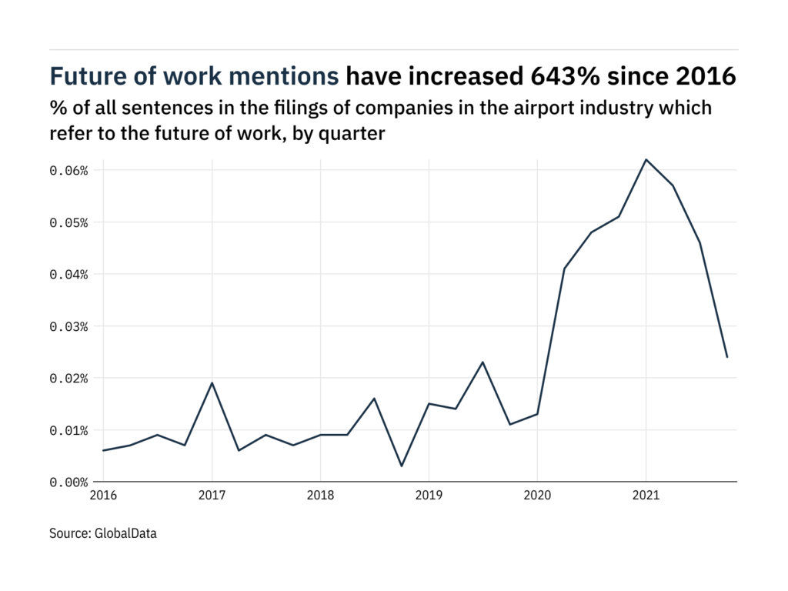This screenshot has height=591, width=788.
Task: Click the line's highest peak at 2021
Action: tap(646, 159)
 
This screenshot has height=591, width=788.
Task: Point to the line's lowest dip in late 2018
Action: tap(402, 466)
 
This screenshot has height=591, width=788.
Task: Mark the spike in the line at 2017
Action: tap(212, 382)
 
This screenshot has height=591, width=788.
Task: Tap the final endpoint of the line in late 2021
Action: tap(727, 356)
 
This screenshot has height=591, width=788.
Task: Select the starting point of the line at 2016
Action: tap(103, 450)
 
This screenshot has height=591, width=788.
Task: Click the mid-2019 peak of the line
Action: tap(482, 362)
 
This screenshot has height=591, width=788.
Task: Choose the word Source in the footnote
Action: tap(69, 533)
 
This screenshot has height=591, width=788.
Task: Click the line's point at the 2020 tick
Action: tap(537, 414)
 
